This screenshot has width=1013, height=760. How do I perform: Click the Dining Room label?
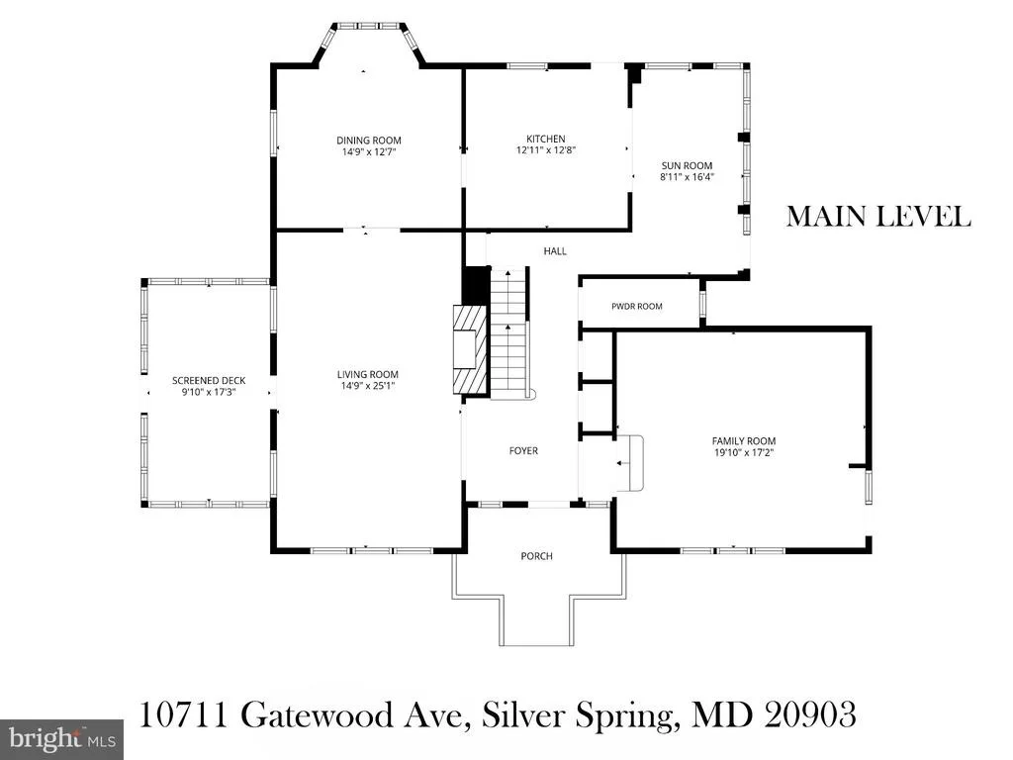(368, 141)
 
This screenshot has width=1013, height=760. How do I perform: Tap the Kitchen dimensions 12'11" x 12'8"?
(545, 150)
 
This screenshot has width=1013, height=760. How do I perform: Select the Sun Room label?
(687, 165)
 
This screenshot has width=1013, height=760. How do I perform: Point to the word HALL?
(555, 250)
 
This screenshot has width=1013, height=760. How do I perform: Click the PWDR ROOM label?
(636, 307)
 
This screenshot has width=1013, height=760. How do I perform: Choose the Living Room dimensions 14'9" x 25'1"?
(368, 386)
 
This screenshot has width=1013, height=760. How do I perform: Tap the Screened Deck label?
(209, 381)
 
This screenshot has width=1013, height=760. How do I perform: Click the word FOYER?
(523, 451)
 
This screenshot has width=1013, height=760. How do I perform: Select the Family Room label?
(744, 441)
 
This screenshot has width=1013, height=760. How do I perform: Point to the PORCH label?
(537, 556)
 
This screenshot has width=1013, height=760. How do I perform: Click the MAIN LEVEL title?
(878, 217)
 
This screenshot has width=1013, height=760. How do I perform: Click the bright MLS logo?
(62, 738)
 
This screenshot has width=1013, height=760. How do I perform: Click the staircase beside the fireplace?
(510, 332)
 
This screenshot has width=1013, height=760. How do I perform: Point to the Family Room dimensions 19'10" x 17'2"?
(744, 452)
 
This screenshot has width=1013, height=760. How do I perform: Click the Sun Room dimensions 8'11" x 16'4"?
(687, 176)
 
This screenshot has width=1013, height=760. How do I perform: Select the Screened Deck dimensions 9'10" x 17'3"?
(209, 392)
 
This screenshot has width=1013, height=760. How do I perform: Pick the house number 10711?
(184, 715)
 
